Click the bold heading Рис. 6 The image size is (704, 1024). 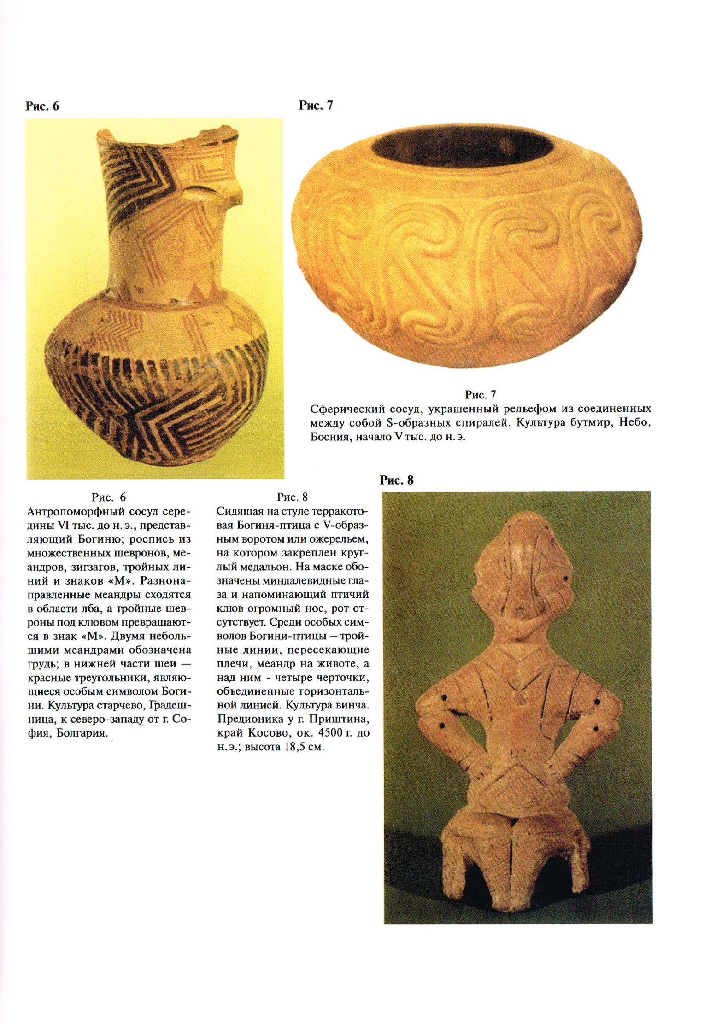pos(42,106)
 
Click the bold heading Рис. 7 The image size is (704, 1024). pos(316,105)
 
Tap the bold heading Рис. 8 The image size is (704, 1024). pos(396,480)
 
